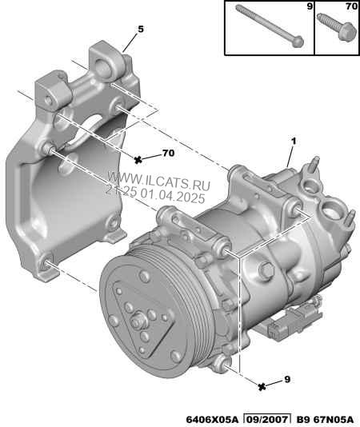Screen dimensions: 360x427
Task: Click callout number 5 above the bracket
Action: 141,29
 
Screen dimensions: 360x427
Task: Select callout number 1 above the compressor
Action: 294,142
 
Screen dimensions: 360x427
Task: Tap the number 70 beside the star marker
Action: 169,153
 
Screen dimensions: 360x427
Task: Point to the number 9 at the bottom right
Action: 287,379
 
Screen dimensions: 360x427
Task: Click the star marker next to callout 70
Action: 138,160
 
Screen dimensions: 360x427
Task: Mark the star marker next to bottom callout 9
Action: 262,386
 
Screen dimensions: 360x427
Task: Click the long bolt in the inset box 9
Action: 270,26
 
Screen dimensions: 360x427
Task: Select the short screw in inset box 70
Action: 337,27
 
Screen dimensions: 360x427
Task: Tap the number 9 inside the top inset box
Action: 310,6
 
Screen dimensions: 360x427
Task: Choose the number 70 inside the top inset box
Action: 351,6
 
